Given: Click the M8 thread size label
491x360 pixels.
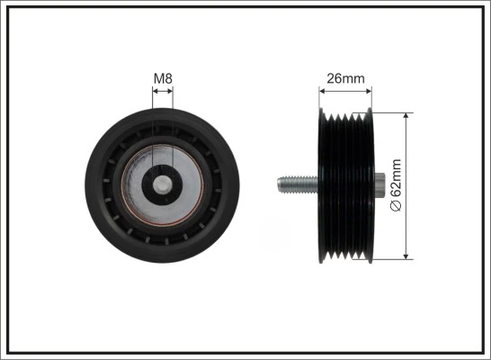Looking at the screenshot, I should (163, 79).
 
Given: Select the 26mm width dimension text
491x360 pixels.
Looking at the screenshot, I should (345, 78).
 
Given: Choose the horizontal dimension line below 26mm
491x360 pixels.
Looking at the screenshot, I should (345, 90).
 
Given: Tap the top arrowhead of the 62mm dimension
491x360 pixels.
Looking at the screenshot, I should (410, 115).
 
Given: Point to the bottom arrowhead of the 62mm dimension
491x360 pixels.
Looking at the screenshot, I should (410, 257).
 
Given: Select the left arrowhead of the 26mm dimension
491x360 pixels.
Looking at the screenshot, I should (323, 90).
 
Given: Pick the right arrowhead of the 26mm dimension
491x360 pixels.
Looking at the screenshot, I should (369, 90).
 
